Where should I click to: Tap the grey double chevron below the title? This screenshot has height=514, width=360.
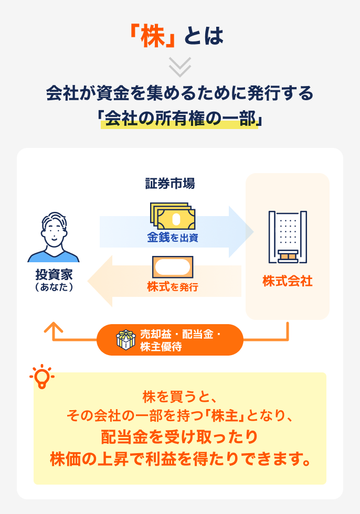click(180, 67)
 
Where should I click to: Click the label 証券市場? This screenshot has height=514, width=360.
click(170, 184)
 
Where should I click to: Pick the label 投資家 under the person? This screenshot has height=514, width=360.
click(54, 274)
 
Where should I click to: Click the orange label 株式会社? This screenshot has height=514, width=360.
click(288, 281)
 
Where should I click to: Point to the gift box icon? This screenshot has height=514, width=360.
click(125, 340)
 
